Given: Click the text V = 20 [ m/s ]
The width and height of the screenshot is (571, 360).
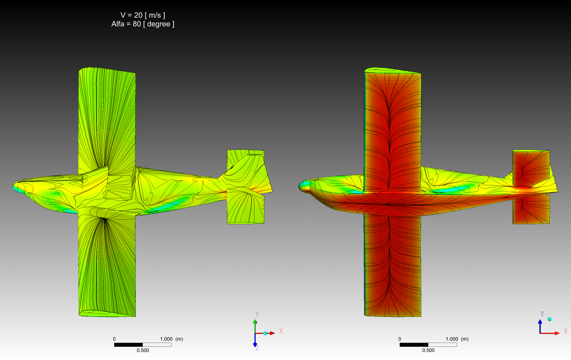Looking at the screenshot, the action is click(x=143, y=15).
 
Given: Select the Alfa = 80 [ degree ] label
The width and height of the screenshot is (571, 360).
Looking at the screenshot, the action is click(x=143, y=24).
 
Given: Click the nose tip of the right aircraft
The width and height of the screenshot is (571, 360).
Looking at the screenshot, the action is click(x=299, y=186).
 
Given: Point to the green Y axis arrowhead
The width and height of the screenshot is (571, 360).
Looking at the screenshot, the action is click(x=255, y=322).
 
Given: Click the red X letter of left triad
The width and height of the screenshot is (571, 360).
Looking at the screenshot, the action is click(x=281, y=331).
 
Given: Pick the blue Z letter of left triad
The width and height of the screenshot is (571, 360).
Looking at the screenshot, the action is click(x=257, y=348).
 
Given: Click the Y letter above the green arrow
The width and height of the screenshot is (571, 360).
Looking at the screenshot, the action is click(x=257, y=314).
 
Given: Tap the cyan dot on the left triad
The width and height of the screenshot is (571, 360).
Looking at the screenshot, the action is click(x=265, y=333).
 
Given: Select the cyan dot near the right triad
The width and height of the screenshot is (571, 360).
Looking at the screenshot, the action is click(x=550, y=319).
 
